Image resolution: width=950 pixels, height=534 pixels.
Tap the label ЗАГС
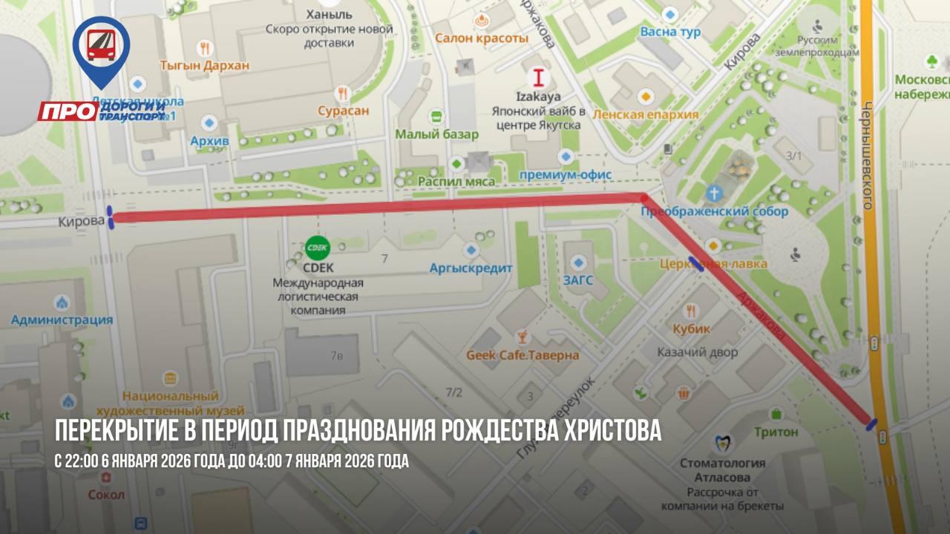coord(578,280)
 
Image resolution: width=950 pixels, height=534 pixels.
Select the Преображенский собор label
coord(714,211)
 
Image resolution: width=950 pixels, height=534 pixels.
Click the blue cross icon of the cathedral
coord(713,193)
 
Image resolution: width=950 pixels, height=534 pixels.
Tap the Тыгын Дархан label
coord(205,65)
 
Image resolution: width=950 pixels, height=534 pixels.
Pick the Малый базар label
coord(436,134)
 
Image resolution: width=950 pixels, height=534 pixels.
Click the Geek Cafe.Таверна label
coord(522,355)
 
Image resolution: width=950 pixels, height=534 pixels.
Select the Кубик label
coord(692,329)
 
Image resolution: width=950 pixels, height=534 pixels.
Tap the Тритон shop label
coord(776,432)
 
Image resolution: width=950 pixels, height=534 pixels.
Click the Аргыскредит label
coord(471,268)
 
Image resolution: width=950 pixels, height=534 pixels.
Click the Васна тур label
coord(670,32)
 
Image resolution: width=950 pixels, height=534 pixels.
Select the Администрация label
coord(62,320)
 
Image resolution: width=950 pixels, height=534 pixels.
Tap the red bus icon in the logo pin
coord(101,44)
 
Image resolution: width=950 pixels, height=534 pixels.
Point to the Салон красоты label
coord(482,38)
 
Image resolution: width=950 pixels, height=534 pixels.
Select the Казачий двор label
coord(698,352)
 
